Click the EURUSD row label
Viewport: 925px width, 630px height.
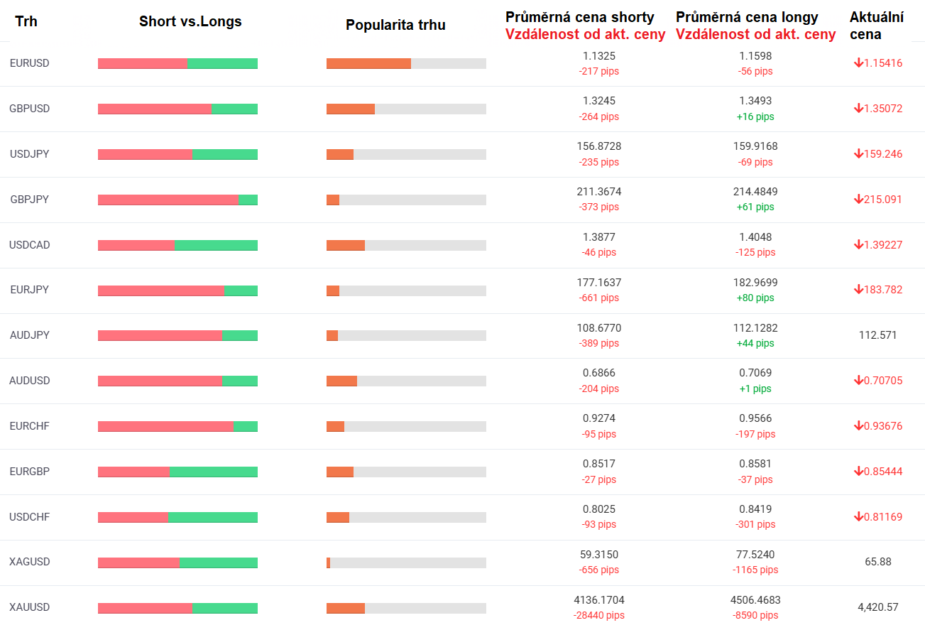coord(29,63)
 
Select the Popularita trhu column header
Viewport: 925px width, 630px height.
coord(395,25)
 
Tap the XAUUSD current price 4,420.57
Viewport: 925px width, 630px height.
coord(878,607)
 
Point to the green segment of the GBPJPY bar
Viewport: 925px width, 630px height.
coord(248,200)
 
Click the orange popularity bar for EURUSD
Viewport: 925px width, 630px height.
coord(368,64)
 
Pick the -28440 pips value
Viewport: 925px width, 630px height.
coord(598,615)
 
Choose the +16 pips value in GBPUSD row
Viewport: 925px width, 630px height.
coord(755,116)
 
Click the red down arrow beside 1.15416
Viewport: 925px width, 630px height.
coord(858,63)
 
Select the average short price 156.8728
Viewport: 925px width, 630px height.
coord(598,146)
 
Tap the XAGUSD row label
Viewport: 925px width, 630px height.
coord(29,562)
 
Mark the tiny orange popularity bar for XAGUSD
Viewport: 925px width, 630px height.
coord(328,563)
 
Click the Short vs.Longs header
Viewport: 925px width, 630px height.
coord(190,21)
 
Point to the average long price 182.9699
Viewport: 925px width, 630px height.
coord(755,283)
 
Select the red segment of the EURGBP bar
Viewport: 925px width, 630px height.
coord(133,472)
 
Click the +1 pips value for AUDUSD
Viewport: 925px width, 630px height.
coord(755,389)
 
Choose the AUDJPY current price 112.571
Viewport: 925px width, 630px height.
coord(877,335)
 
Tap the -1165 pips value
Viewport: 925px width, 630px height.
coord(755,570)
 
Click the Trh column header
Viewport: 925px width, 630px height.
coord(26,21)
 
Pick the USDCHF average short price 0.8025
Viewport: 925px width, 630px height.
coord(598,509)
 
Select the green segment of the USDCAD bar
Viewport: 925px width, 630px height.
coord(216,245)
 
